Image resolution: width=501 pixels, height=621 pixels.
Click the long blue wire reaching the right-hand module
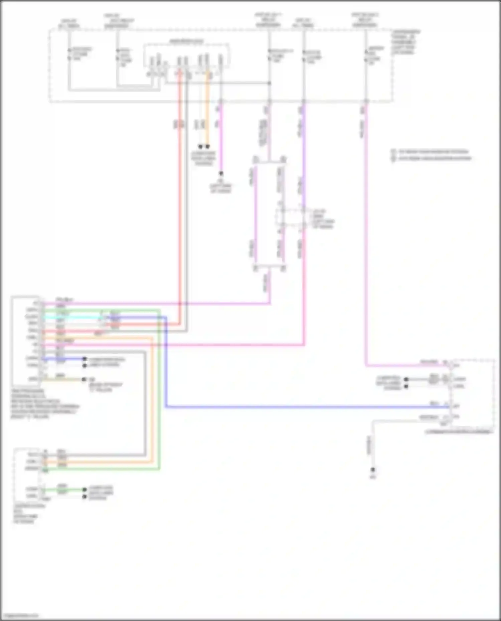point(301,407)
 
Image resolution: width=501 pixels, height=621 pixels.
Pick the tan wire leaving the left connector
point(63,379)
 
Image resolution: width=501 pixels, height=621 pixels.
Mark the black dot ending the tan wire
point(84,379)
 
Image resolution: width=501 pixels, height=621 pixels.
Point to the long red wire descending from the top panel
point(180,200)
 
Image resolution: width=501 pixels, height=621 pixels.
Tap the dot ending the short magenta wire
point(221,174)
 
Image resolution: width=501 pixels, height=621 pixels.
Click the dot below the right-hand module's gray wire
point(373,470)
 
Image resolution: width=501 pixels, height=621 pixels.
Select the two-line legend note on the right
point(431,155)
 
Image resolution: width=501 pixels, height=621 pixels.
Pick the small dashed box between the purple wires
point(290,219)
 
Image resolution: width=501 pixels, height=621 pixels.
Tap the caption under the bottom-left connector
point(29,514)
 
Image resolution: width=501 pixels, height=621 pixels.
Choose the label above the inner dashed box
point(186,41)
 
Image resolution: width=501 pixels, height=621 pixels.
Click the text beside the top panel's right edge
point(405,42)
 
